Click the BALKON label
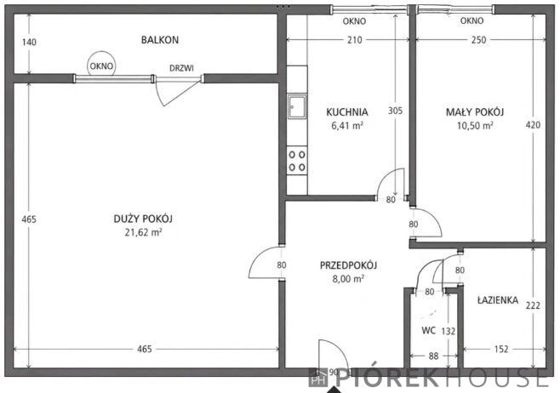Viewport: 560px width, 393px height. [160, 40]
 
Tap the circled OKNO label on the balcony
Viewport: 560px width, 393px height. [101, 66]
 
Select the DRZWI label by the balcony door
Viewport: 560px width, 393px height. [181, 68]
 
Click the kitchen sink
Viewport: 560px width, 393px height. [297, 106]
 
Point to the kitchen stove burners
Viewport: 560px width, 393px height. [297, 161]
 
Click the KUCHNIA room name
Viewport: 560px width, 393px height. [346, 112]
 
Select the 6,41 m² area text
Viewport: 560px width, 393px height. [347, 125]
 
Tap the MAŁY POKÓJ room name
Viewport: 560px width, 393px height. [475, 112]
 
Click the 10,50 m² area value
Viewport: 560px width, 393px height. [475, 126]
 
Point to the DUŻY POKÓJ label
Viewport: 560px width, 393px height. [143, 219]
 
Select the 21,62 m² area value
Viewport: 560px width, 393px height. [143, 232]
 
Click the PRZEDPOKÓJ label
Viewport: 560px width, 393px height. [348, 265]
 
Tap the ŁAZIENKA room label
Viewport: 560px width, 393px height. [498, 300]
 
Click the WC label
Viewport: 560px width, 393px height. [428, 331]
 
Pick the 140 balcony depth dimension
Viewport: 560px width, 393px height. [29, 43]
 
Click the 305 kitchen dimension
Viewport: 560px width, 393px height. [395, 111]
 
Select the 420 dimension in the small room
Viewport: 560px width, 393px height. [533, 125]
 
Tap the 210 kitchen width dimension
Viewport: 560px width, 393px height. [355, 40]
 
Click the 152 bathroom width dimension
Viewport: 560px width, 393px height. [501, 349]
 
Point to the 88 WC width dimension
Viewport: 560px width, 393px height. [433, 356]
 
